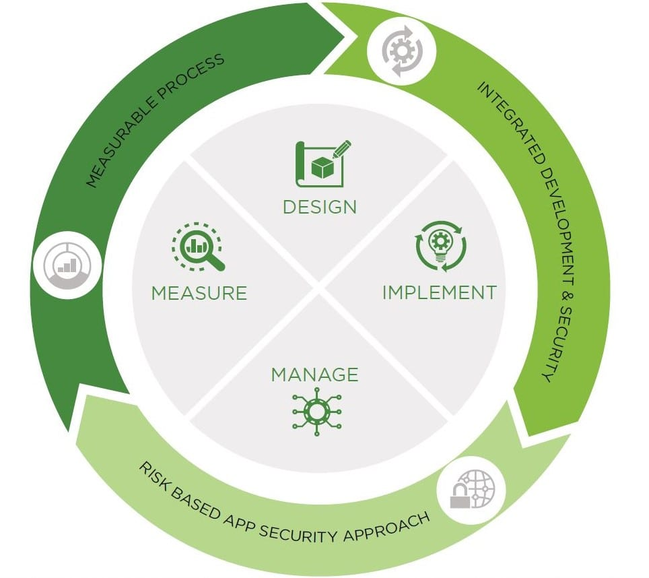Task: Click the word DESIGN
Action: (320, 207)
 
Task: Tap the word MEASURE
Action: (199, 293)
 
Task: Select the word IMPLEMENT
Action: (439, 292)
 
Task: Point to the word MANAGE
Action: (314, 375)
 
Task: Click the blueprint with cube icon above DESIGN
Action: (323, 164)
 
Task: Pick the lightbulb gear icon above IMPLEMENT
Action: (441, 246)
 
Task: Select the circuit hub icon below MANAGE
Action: (316, 412)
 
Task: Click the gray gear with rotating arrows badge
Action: (401, 51)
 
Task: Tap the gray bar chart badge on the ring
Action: (67, 265)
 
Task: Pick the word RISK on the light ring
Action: (153, 476)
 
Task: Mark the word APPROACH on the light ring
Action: (387, 526)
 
